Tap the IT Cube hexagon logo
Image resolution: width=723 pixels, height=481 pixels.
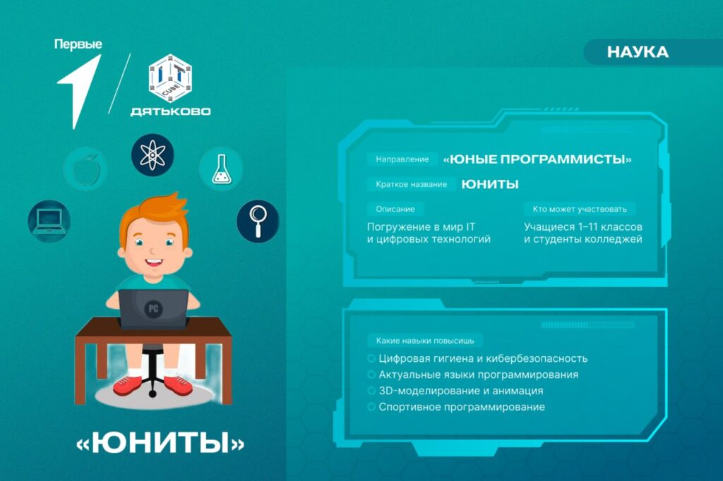point(170,78)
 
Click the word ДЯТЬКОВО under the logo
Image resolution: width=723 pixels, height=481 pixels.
point(171,111)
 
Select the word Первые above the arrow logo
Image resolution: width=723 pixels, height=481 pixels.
point(78,44)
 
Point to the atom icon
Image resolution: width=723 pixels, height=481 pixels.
point(153,154)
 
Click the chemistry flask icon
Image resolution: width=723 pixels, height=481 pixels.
point(221,169)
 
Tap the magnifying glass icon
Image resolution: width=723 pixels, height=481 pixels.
point(258,221)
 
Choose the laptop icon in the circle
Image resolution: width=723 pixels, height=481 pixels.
point(49,221)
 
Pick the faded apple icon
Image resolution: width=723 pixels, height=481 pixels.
point(85,169)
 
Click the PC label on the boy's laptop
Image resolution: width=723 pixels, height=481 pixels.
point(153,309)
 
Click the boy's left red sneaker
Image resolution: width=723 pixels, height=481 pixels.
point(127,384)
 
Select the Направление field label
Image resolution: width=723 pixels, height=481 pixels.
point(402,159)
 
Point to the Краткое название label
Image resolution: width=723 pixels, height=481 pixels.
point(412,184)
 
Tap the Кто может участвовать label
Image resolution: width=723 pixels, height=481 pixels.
point(580,209)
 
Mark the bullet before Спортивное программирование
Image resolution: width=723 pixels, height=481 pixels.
point(371,407)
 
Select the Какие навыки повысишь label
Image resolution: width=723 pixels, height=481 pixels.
point(425,341)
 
